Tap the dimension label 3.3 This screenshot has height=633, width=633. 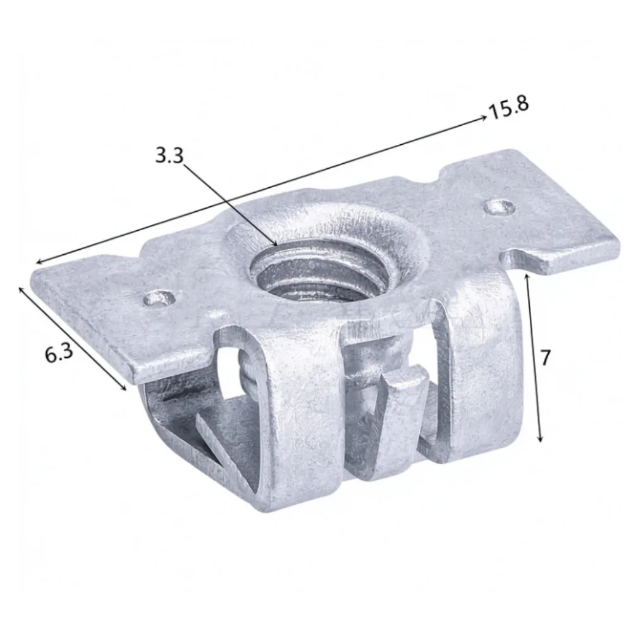pyautogui.click(x=169, y=156)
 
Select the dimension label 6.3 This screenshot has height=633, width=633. pyautogui.click(x=59, y=353)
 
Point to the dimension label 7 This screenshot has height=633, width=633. pyautogui.click(x=545, y=358)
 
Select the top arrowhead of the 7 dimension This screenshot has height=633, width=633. pyautogui.click(x=526, y=276)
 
